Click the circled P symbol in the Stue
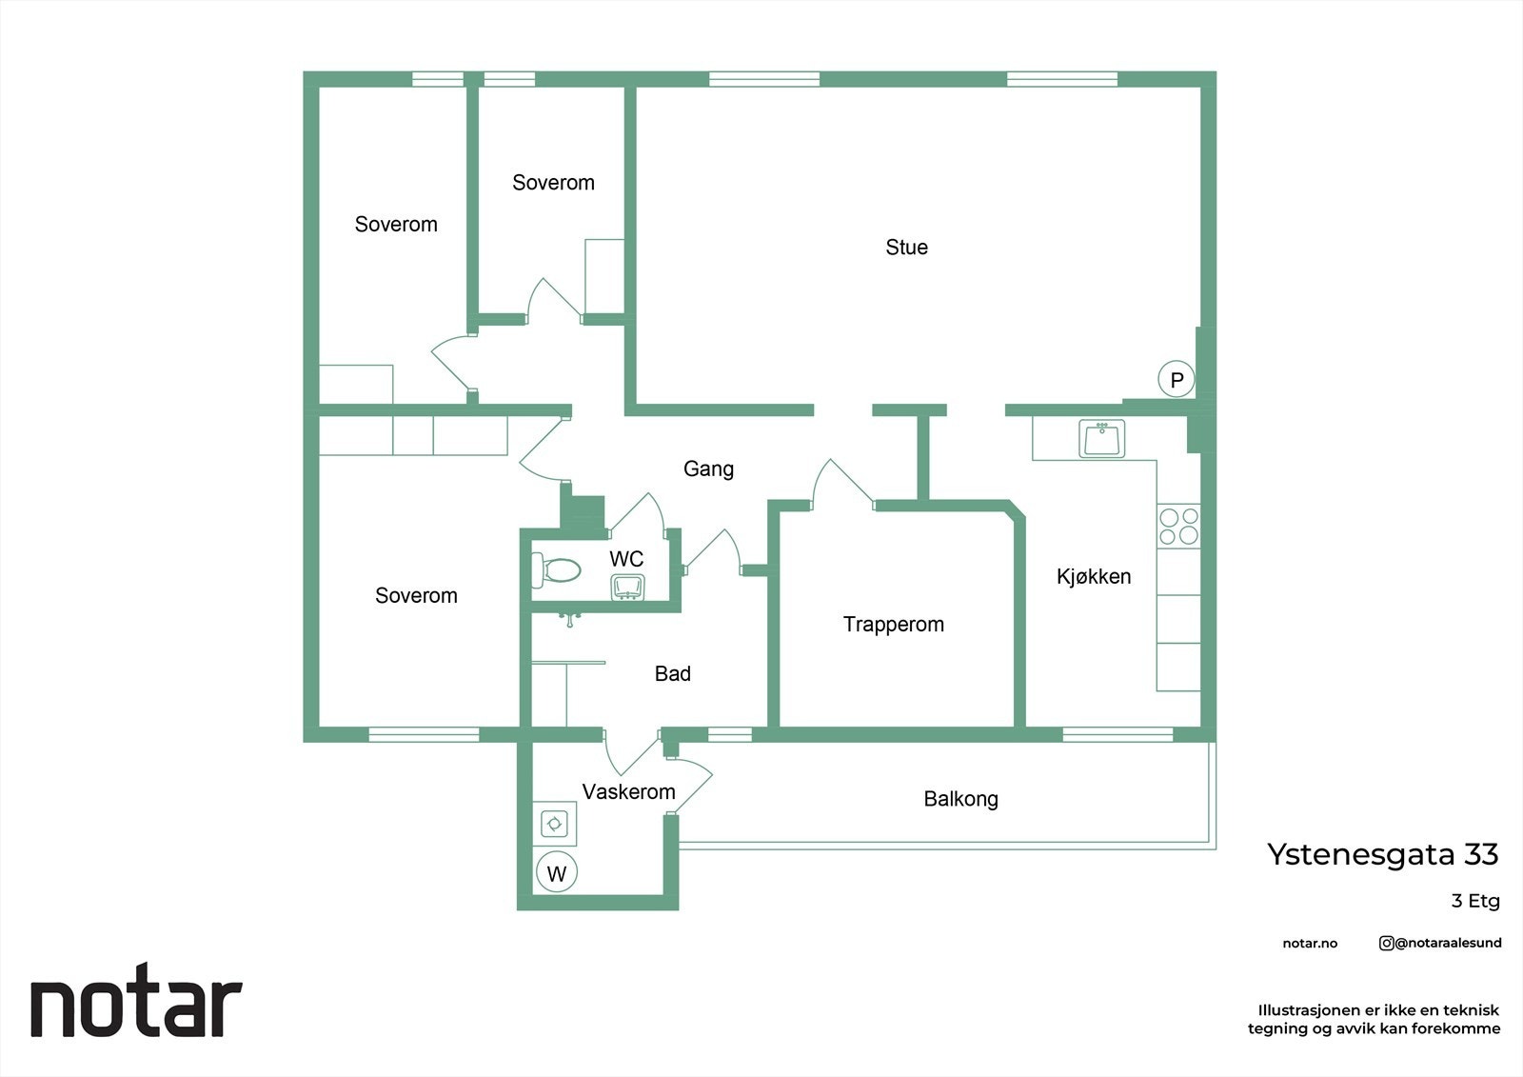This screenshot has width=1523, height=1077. pyautogui.click(x=1177, y=380)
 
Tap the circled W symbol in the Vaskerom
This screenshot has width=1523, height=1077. pyautogui.click(x=557, y=873)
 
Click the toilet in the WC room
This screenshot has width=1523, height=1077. pyautogui.click(x=557, y=570)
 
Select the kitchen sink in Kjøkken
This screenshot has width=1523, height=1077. pyautogui.click(x=1102, y=439)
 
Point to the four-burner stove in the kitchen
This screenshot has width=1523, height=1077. pyautogui.click(x=1178, y=526)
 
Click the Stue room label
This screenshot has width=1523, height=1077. pyautogui.click(x=906, y=248)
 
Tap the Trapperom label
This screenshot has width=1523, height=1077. pyautogui.click(x=893, y=625)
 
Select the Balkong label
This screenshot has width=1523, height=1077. pyautogui.click(x=960, y=799)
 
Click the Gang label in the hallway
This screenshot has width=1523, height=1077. pyautogui.click(x=708, y=469)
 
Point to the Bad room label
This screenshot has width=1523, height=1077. pyautogui.click(x=672, y=674)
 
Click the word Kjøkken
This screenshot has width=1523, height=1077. pyautogui.click(x=1094, y=576)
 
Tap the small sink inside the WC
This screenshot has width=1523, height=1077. pyautogui.click(x=627, y=587)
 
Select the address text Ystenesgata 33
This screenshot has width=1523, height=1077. pyautogui.click(x=1382, y=854)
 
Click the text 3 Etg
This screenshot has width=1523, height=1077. pyautogui.click(x=1474, y=901)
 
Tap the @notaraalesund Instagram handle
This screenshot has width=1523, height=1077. pyautogui.click(x=1440, y=943)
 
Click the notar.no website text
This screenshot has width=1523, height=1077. pyautogui.click(x=1310, y=944)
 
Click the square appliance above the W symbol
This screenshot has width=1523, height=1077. pyautogui.click(x=555, y=823)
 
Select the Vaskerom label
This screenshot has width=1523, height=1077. pyautogui.click(x=628, y=791)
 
